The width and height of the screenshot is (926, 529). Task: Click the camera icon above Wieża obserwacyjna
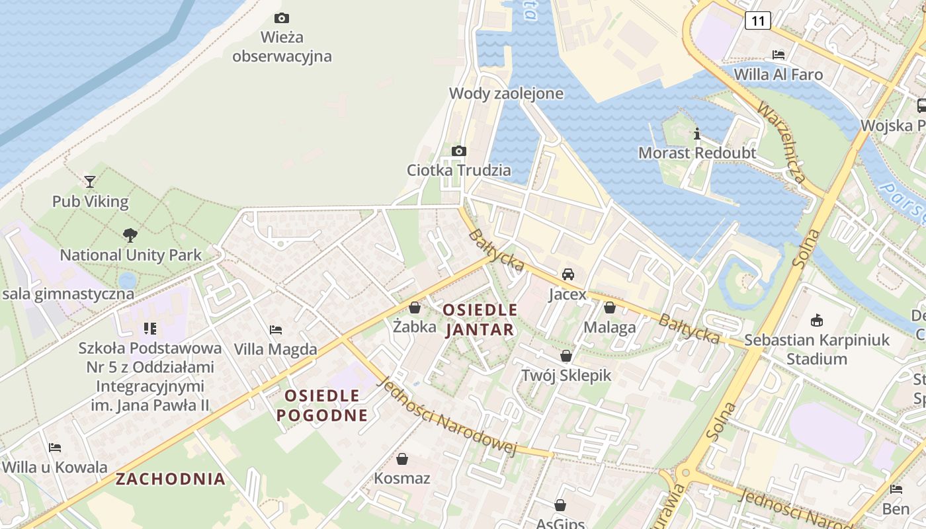click(x=282, y=19)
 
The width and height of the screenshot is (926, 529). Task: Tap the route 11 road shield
click(x=757, y=21)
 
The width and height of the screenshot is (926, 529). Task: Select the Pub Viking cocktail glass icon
click(x=90, y=181)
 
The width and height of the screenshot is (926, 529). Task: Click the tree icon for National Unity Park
click(x=130, y=235)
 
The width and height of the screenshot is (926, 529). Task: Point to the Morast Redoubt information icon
click(x=696, y=134)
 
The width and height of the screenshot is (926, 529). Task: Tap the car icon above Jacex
click(x=568, y=274)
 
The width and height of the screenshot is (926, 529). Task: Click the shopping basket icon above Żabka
click(x=415, y=307)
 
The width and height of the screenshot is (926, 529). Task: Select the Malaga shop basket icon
click(x=609, y=307)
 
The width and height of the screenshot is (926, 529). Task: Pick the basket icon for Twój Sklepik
click(x=566, y=356)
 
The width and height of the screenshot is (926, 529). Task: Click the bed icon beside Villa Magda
click(x=276, y=329)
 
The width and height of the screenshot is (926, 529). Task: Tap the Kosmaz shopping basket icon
click(x=402, y=459)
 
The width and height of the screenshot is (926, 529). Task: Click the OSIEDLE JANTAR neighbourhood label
click(x=480, y=319)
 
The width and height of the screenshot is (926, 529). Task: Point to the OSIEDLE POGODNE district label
click(x=322, y=405)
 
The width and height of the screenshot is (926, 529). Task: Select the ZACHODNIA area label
click(x=171, y=479)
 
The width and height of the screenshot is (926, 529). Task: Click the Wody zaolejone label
click(x=506, y=94)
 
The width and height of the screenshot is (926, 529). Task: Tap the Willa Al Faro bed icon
click(x=779, y=55)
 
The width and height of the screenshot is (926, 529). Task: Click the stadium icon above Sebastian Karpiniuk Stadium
click(x=817, y=321)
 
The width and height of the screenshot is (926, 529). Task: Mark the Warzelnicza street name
click(x=782, y=142)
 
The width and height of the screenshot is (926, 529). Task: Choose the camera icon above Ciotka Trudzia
click(x=459, y=151)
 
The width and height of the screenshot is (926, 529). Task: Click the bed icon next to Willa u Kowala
click(x=55, y=448)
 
